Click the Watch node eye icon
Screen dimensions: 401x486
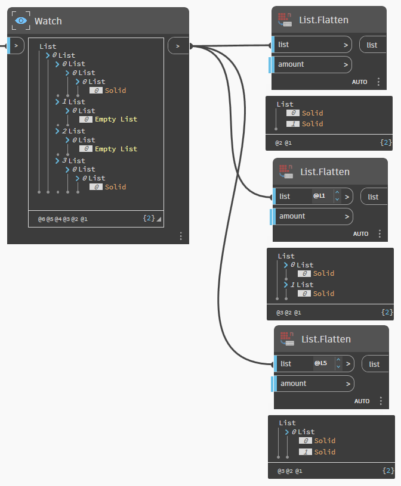(21, 21)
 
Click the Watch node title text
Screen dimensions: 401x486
(48, 21)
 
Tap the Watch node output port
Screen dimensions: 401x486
(178, 46)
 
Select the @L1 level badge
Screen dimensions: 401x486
(319, 196)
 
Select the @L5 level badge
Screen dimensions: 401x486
(320, 363)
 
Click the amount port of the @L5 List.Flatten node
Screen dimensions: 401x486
(314, 384)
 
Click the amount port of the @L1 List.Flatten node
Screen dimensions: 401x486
(313, 216)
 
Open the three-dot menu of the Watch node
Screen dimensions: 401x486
(181, 236)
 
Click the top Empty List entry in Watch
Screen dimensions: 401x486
(116, 119)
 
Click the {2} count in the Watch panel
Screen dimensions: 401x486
(149, 218)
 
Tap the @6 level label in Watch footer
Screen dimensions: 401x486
(42, 219)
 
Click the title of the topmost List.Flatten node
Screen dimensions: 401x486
(323, 20)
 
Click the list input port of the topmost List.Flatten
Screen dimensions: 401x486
(312, 45)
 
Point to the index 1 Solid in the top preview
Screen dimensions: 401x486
(305, 124)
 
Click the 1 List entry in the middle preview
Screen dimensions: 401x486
(301, 285)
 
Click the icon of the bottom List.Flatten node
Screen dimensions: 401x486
(286, 339)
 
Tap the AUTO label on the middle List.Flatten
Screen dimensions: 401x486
(360, 234)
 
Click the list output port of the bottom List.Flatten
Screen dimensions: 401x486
(375, 364)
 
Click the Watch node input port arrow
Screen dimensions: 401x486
(16, 45)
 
